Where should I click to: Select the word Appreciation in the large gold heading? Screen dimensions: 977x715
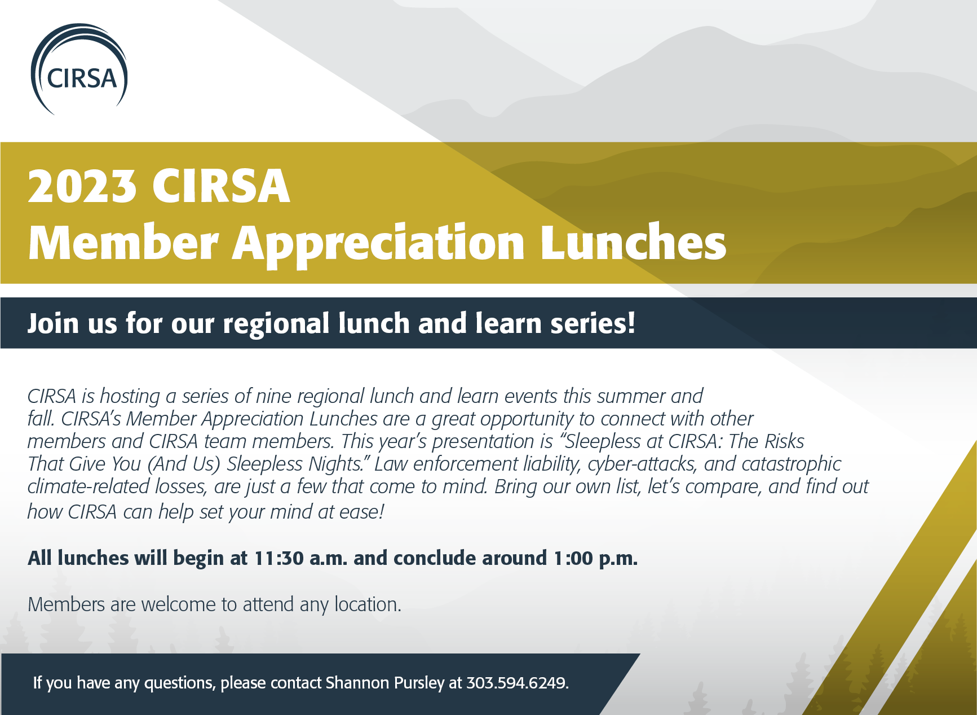pos(379,243)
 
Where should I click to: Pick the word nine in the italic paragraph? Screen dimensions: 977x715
pos(273,396)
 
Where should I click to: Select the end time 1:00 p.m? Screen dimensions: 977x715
pos(595,558)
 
